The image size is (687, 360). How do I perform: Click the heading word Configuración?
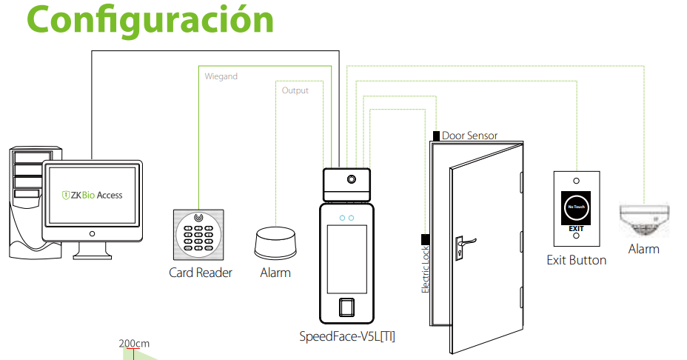tap(150, 21)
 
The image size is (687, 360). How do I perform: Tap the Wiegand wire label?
tap(221, 76)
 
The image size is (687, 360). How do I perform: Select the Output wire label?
tap(295, 90)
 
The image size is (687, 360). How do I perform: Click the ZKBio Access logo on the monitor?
tap(92, 195)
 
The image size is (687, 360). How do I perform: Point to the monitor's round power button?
tap(92, 234)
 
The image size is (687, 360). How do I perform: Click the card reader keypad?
tap(198, 235)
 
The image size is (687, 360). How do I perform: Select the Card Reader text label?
tap(200, 273)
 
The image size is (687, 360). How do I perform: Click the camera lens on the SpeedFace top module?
tap(352, 179)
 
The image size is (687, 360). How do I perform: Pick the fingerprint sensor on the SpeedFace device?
tap(346, 307)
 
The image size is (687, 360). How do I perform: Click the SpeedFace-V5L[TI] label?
tap(347, 336)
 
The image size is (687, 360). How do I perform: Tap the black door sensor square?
tap(436, 136)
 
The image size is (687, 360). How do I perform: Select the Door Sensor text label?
tap(469, 136)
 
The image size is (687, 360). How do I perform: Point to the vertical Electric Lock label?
tap(425, 270)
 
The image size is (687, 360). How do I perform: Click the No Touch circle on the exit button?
tap(576, 207)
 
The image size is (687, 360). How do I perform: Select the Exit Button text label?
tap(577, 260)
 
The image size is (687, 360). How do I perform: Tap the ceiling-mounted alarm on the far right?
tap(644, 219)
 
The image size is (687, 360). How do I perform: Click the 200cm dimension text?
tap(134, 344)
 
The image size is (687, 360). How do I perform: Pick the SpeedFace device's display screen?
tap(346, 259)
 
